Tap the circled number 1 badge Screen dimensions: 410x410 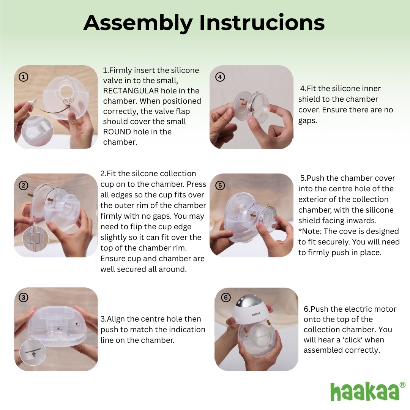24,77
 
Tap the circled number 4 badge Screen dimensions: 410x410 219,77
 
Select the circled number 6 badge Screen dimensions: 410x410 225,297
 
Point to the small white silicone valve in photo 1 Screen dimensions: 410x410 32,102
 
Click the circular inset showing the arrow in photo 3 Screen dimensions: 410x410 33,353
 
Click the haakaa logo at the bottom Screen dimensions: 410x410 364,391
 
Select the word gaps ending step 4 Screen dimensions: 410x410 307,120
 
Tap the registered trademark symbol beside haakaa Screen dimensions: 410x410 402,385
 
